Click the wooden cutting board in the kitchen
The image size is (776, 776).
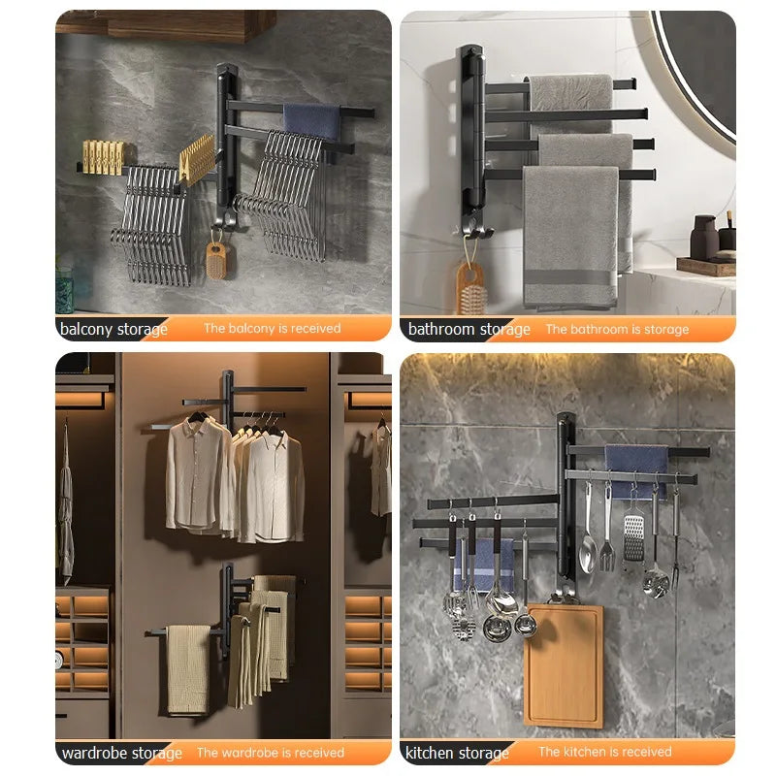(564, 665)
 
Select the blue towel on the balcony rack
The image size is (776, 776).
(311, 120)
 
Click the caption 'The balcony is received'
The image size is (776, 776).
(273, 328)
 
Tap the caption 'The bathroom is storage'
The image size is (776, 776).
(617, 329)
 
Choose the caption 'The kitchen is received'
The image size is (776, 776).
(604, 752)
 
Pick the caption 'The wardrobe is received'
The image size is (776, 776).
(271, 753)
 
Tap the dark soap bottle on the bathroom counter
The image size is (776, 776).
(704, 238)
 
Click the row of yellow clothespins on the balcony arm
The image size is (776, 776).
(103, 157)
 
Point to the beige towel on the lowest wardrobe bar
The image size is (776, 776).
(188, 669)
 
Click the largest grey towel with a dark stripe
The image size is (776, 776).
(570, 238)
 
